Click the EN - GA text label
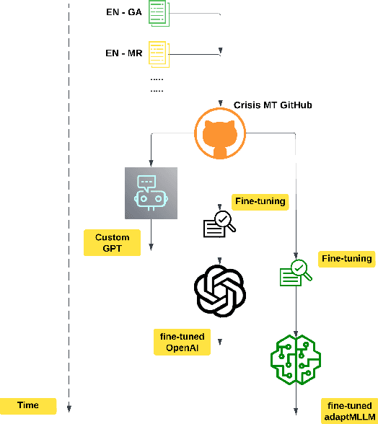click(123, 12)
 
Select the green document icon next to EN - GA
click(158, 12)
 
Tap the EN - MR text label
click(123, 53)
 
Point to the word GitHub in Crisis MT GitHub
click(293, 105)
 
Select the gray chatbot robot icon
click(151, 193)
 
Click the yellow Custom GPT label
click(113, 243)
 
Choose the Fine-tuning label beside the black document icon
click(260, 201)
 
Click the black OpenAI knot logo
click(220, 290)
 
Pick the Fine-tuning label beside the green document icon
click(347, 258)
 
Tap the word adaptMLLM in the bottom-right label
click(349, 416)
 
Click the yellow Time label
click(28, 405)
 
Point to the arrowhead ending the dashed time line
click(69, 408)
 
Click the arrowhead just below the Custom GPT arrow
click(151, 247)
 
